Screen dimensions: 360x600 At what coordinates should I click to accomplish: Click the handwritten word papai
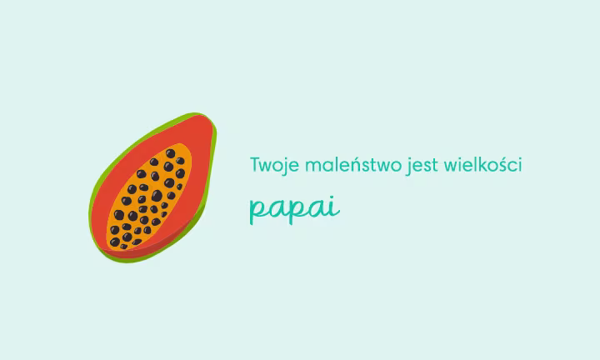pos(294,208)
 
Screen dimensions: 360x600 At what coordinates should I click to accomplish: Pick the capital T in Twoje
pos(255,164)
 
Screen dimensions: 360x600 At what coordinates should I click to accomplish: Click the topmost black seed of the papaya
pos(177,152)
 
